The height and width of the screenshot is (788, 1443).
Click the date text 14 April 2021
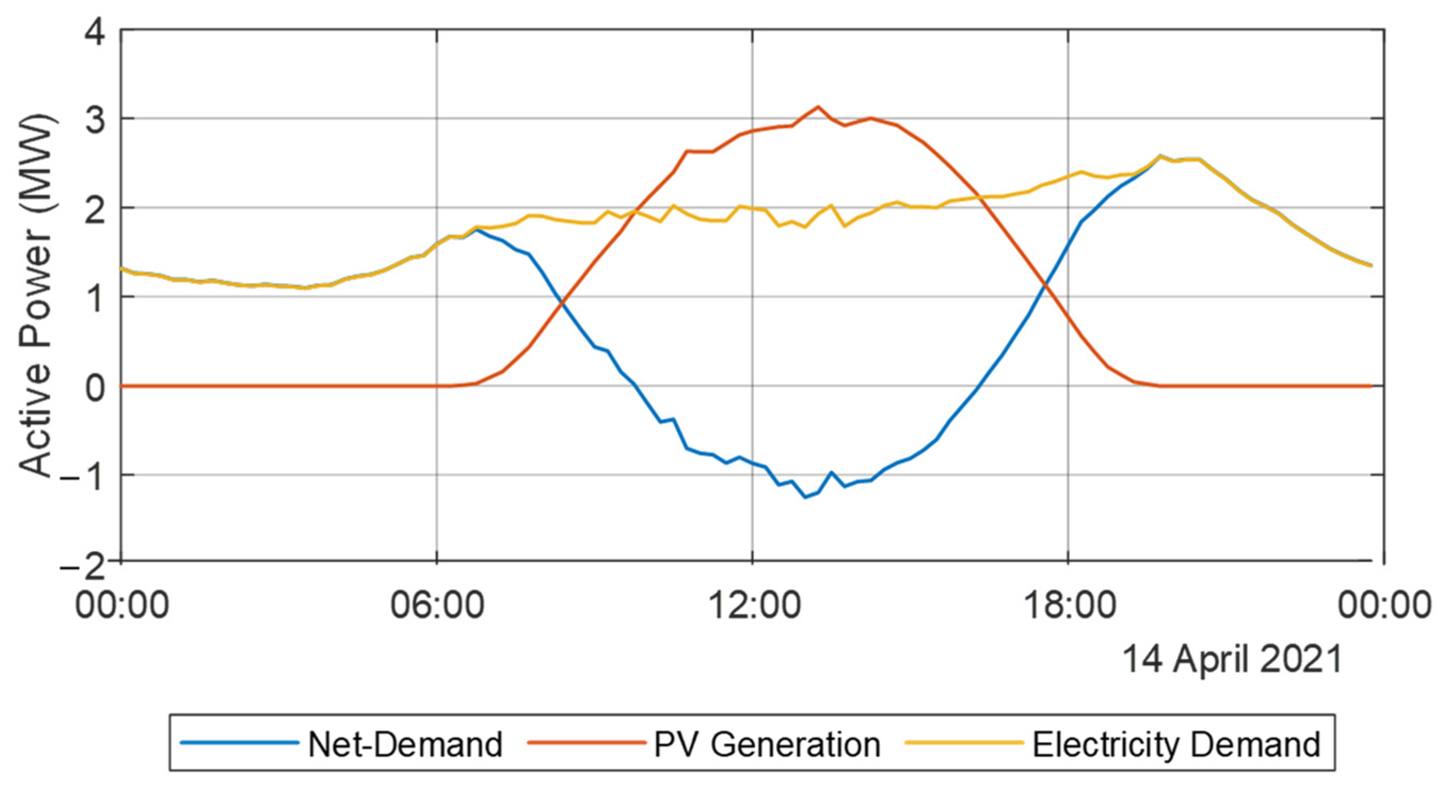tap(1232, 659)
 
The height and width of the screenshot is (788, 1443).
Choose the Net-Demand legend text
tap(405, 745)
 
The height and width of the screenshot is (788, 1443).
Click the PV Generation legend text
tap(767, 745)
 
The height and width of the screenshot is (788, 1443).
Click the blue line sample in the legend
tap(240, 743)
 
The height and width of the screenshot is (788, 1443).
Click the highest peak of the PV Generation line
tap(818, 107)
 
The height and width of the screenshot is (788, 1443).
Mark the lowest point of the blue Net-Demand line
tap(806, 497)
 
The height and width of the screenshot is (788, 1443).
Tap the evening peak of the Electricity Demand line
tap(1159, 156)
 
